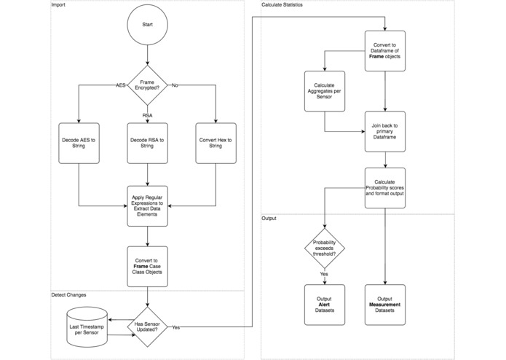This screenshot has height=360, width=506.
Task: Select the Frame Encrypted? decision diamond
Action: pos(148,85)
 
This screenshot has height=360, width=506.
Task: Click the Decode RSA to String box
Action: pos(148,142)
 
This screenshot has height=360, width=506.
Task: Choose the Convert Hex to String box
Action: pos(217,142)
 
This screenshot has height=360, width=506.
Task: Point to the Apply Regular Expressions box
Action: pos(148,206)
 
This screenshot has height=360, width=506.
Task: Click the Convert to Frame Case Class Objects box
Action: pos(148,265)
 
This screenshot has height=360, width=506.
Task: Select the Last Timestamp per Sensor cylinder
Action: pos(86,325)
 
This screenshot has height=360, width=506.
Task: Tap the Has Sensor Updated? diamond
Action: pos(148,326)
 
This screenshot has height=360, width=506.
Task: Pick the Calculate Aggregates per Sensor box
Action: pos(324,91)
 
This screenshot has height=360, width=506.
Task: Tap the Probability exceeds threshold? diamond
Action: pos(324,249)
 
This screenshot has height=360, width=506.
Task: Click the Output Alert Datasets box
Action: pos(324,305)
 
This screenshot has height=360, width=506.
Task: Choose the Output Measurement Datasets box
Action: pos(384,305)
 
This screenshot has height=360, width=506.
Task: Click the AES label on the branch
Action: pos(122,85)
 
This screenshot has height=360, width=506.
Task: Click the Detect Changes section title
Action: pos(69,295)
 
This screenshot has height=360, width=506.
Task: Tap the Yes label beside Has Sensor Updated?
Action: pos(177,327)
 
